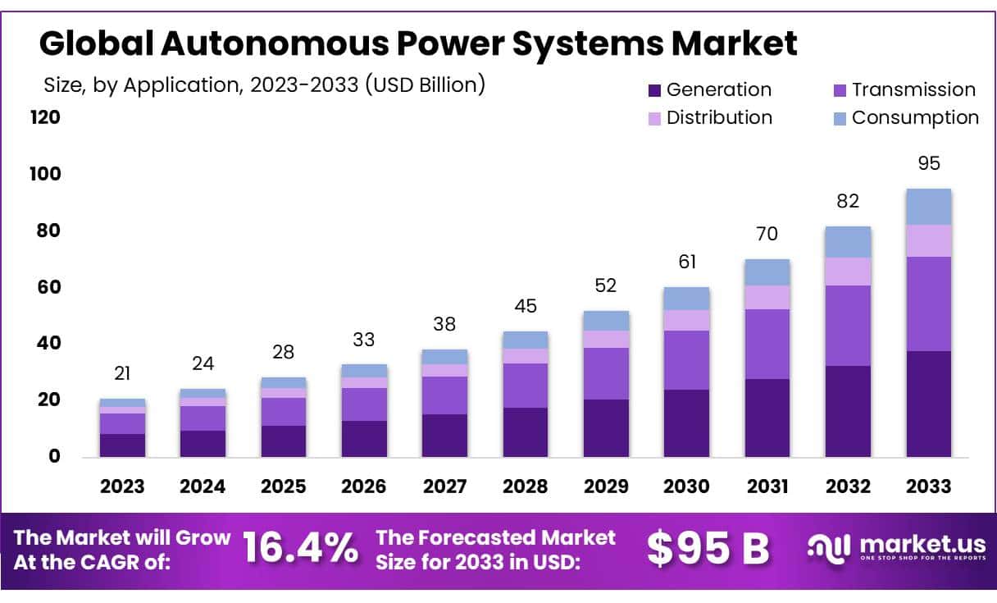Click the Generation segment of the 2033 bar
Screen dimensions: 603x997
928,404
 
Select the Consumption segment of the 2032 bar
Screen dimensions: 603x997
848,242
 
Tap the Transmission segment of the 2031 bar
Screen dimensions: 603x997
767,344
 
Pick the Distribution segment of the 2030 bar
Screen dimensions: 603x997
686,320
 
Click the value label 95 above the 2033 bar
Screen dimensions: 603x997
929,163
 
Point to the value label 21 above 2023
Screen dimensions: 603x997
122,373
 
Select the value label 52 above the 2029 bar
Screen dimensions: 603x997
606,286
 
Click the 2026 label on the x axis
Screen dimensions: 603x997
364,486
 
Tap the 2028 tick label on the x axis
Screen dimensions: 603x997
526,486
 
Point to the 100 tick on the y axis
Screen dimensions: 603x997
47,174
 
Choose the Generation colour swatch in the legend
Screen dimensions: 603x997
653,90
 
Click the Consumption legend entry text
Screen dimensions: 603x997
915,117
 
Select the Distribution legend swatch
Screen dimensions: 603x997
653,118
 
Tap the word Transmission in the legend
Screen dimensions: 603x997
913,89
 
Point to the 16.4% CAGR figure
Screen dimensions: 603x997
301,549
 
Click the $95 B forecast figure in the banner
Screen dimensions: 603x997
708,549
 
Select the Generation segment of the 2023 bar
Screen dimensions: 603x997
122,445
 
